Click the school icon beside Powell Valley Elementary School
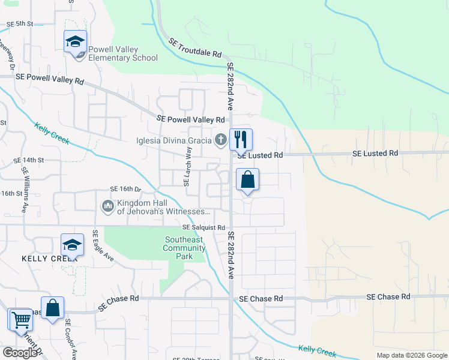point(75,41)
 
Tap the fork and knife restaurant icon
point(241,140)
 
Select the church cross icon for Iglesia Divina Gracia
point(221,140)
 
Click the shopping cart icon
point(20,319)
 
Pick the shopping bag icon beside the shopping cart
point(52,308)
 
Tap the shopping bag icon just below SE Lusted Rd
point(247,179)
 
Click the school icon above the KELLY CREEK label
point(72,245)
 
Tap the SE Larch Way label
point(187,169)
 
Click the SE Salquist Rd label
point(203,228)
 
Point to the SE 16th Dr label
point(124,189)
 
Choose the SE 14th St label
point(29,160)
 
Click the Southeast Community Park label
point(184,248)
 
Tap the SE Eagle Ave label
point(103,245)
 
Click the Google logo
point(20,353)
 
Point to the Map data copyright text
point(412,355)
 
